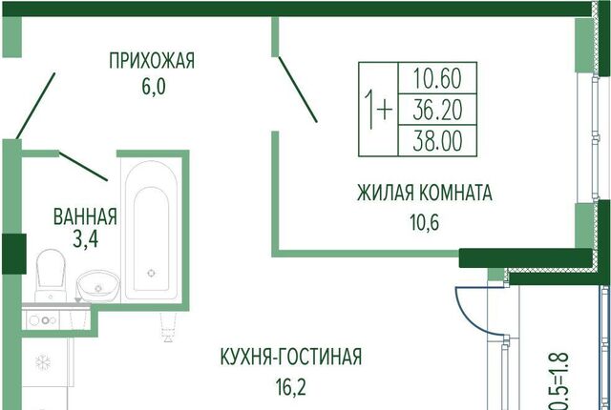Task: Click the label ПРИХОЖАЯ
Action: [x=152, y=62]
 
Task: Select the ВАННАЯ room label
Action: [x=85, y=215]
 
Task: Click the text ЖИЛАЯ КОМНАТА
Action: [x=424, y=194]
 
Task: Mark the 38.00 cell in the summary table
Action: [x=439, y=140]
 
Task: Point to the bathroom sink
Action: [x=95, y=283]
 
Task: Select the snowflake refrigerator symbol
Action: [x=42, y=362]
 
